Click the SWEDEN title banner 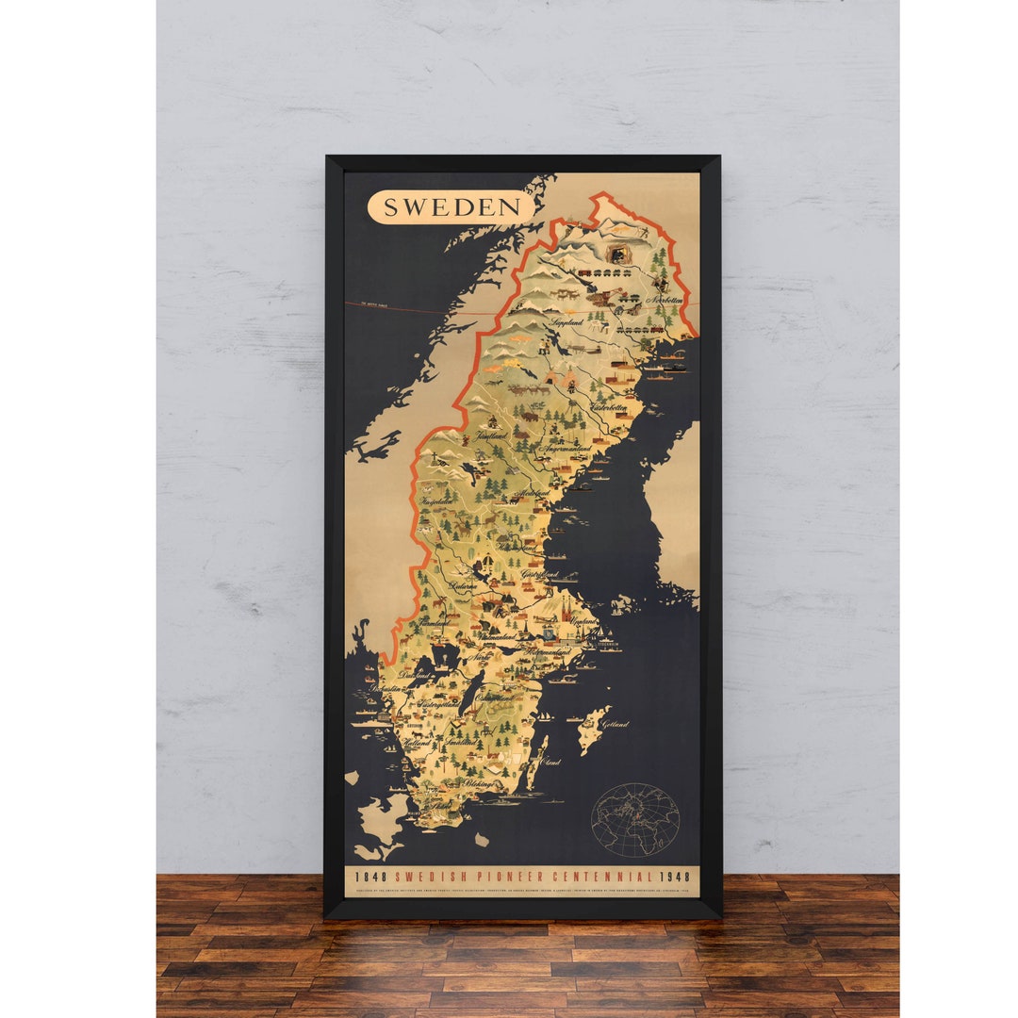pyautogui.click(x=451, y=207)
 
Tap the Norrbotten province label pyautogui.click(x=665, y=301)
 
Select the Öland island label pyautogui.click(x=550, y=762)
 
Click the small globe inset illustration pyautogui.click(x=635, y=819)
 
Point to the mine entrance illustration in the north pyautogui.click(x=620, y=254)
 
